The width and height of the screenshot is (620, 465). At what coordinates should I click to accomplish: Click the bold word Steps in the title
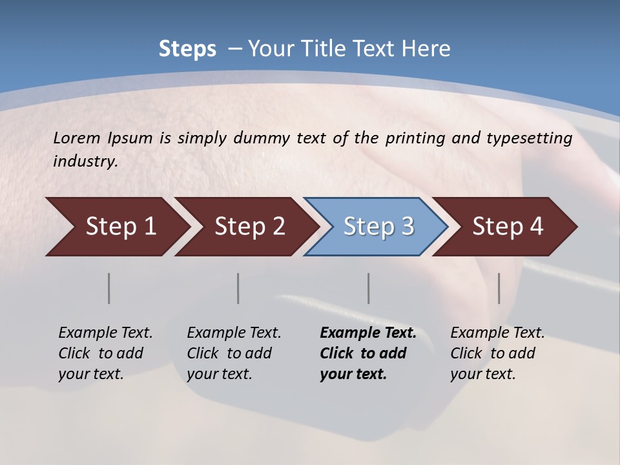(187, 48)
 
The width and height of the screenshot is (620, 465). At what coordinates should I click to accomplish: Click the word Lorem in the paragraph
(77, 138)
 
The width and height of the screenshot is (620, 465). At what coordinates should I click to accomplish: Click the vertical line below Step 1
(109, 288)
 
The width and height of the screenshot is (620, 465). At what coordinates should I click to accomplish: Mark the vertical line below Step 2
(238, 288)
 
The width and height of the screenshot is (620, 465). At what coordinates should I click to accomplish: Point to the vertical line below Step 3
(369, 288)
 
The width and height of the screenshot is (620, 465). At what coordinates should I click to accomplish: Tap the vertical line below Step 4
(499, 288)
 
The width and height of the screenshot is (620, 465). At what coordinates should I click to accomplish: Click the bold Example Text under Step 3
(368, 333)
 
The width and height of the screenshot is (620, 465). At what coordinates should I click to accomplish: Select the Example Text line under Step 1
(105, 333)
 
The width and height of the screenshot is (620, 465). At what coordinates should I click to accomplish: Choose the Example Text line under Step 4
(497, 333)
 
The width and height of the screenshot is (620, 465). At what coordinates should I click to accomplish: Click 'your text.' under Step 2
(219, 374)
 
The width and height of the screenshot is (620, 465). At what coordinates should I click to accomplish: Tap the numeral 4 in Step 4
(535, 227)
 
